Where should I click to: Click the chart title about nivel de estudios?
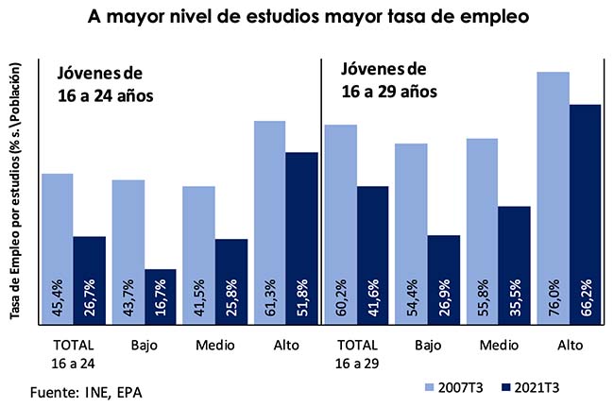click(x=306, y=16)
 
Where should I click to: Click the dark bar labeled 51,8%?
click(x=301, y=236)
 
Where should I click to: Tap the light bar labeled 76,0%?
click(x=553, y=198)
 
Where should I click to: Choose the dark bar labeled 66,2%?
click(x=585, y=212)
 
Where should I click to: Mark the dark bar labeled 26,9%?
click(x=443, y=278)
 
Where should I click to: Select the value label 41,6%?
click(x=372, y=299)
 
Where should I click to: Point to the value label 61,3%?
click(x=270, y=299)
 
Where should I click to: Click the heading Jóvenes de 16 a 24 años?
click(x=104, y=84)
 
